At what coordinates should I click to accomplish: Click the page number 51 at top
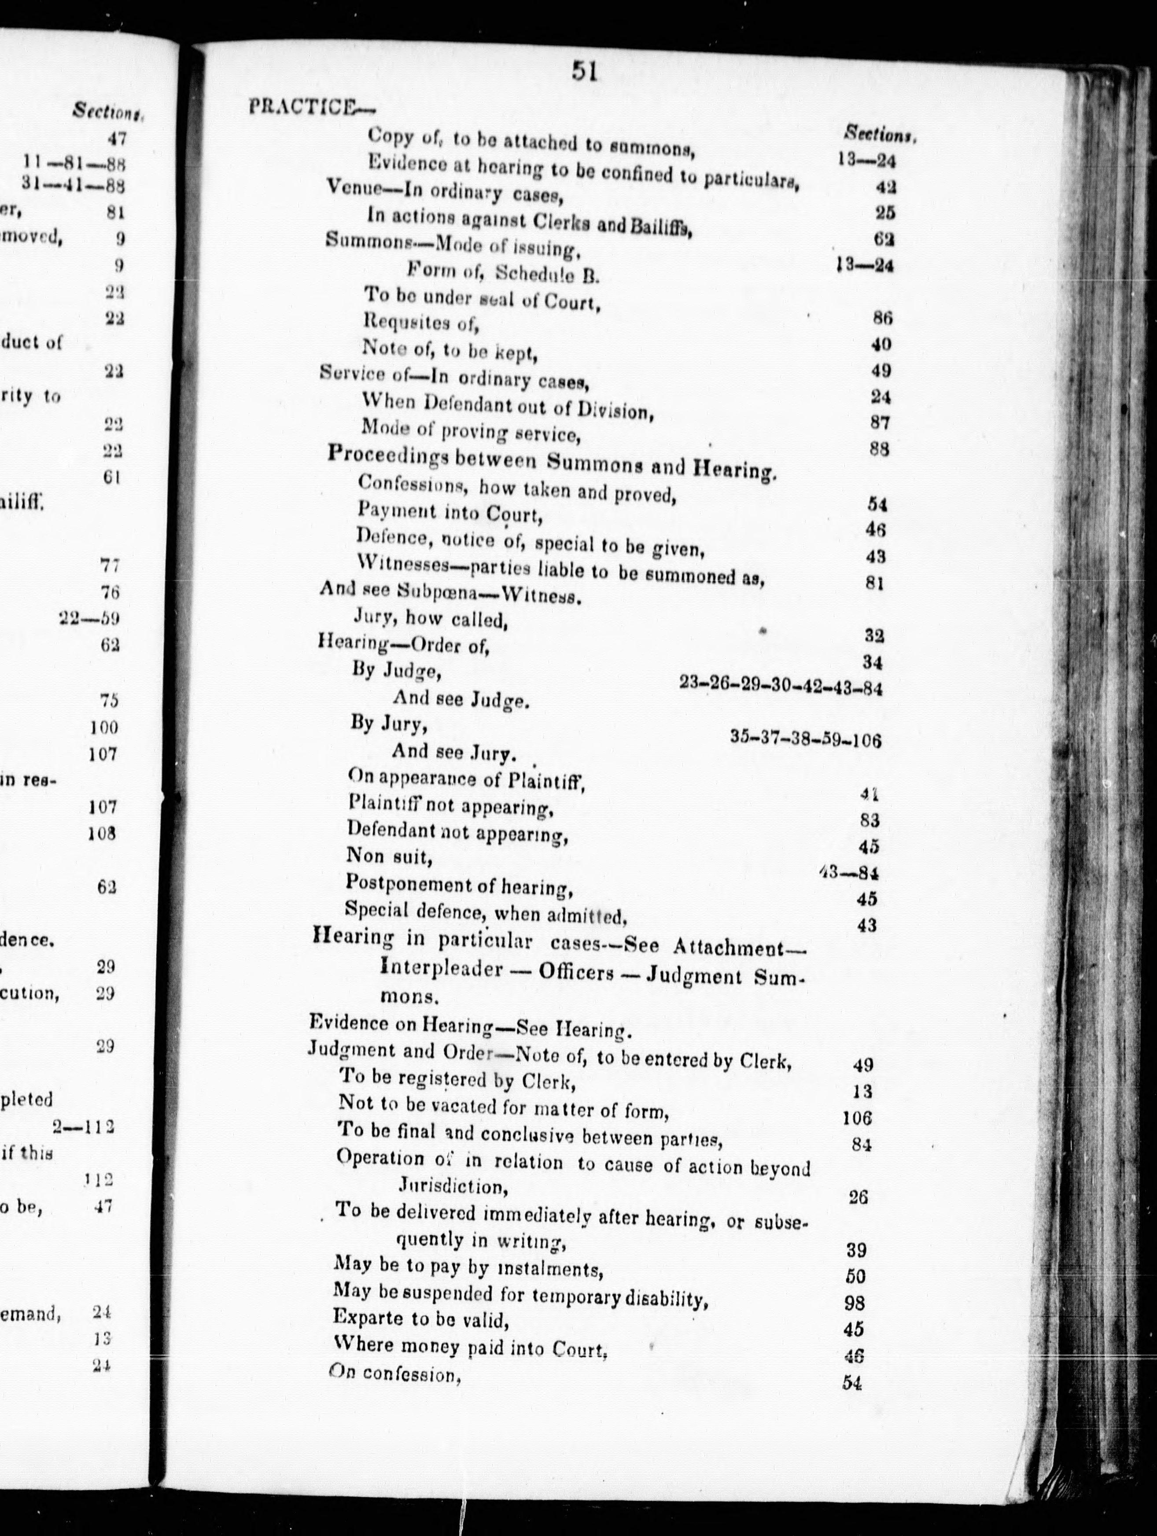coord(584,71)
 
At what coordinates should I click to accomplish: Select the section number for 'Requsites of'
coord(881,318)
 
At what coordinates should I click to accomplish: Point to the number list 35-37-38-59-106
coord(806,739)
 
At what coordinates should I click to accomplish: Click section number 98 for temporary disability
coord(855,1302)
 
